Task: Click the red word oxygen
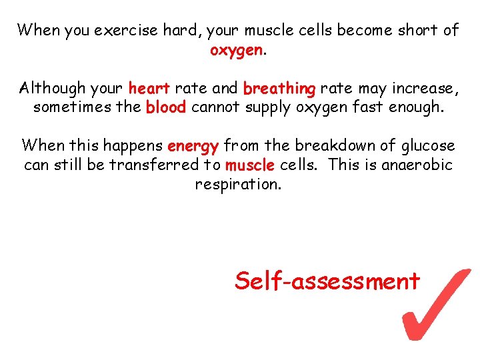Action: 237,51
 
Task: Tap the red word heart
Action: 150,88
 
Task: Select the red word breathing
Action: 279,89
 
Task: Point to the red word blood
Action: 166,107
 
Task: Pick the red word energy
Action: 193,146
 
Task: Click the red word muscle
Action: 250,165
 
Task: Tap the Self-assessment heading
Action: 327,281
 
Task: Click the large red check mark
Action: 437,303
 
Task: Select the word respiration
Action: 238,185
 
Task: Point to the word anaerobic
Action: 417,165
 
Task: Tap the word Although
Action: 53,88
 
